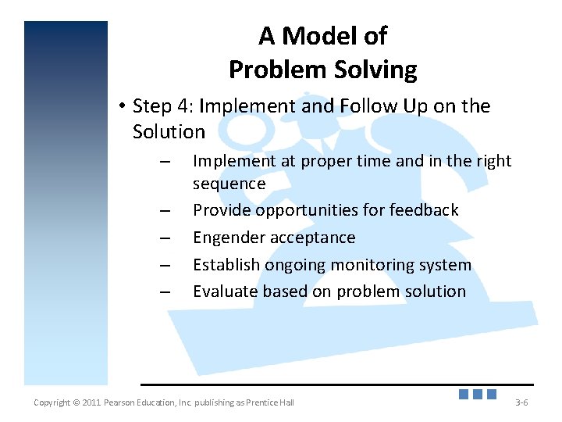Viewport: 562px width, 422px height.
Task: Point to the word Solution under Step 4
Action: pyautogui.click(x=169, y=131)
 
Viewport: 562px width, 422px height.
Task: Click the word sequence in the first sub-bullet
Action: pyautogui.click(x=229, y=184)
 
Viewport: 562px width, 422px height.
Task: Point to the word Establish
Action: pyautogui.click(x=226, y=265)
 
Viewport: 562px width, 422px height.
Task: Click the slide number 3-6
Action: pyautogui.click(x=522, y=402)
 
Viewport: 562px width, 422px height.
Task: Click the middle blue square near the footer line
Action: pyautogui.click(x=478, y=394)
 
